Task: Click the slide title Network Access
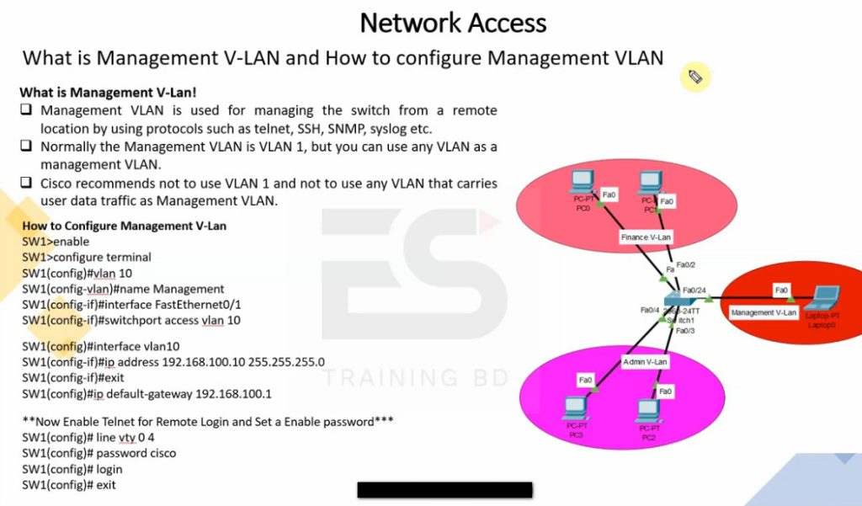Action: click(x=453, y=23)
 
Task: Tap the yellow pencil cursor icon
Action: click(x=695, y=77)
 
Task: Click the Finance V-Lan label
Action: click(x=646, y=237)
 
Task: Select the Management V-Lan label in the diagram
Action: click(x=764, y=312)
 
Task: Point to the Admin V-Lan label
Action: click(x=645, y=361)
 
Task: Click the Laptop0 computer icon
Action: click(x=822, y=300)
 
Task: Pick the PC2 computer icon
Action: click(x=648, y=412)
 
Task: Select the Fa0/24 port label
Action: click(x=694, y=290)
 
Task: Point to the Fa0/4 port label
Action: click(x=649, y=310)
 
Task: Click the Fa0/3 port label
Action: click(x=685, y=331)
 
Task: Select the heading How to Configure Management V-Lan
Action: click(x=124, y=226)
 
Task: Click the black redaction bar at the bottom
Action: click(x=444, y=490)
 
